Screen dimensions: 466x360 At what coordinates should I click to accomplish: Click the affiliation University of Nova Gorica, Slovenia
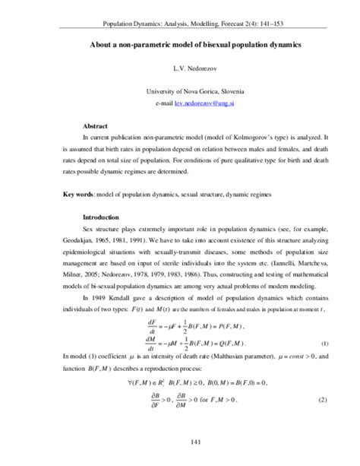[x=180, y=90]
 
